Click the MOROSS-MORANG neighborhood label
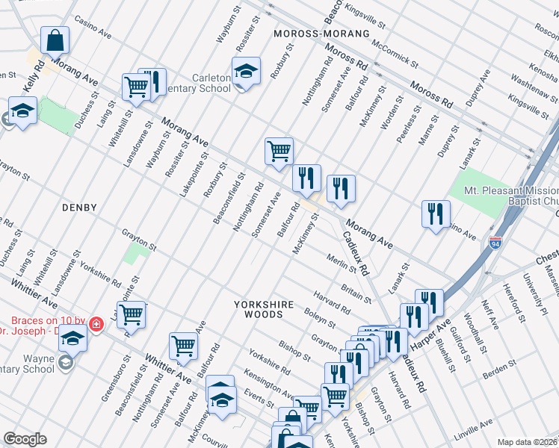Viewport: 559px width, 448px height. tap(321, 34)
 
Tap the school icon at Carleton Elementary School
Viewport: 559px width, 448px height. tap(246, 71)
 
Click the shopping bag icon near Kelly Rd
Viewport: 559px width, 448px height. tap(55, 40)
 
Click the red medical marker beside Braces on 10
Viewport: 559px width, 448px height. tap(96, 324)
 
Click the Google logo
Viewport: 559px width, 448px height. tap(25, 438)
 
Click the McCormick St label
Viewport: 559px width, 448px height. tap(389, 45)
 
